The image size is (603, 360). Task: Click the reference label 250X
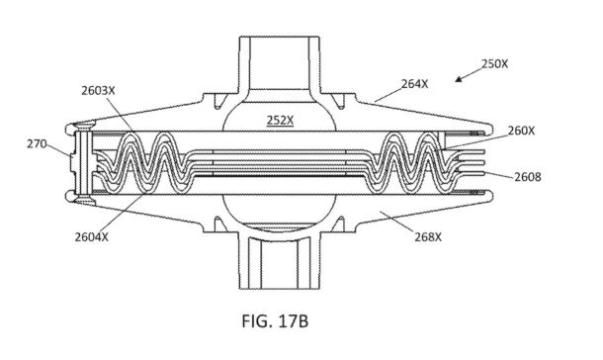click(494, 64)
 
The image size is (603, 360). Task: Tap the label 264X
click(414, 84)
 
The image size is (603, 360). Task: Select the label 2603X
click(98, 91)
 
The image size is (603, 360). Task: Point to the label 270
click(37, 143)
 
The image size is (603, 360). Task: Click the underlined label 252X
click(280, 121)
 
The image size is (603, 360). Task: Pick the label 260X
click(521, 131)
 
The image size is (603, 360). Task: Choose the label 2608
click(528, 177)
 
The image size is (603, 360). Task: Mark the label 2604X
click(92, 237)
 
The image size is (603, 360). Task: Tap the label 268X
click(428, 237)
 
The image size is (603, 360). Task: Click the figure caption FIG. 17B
click(275, 321)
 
